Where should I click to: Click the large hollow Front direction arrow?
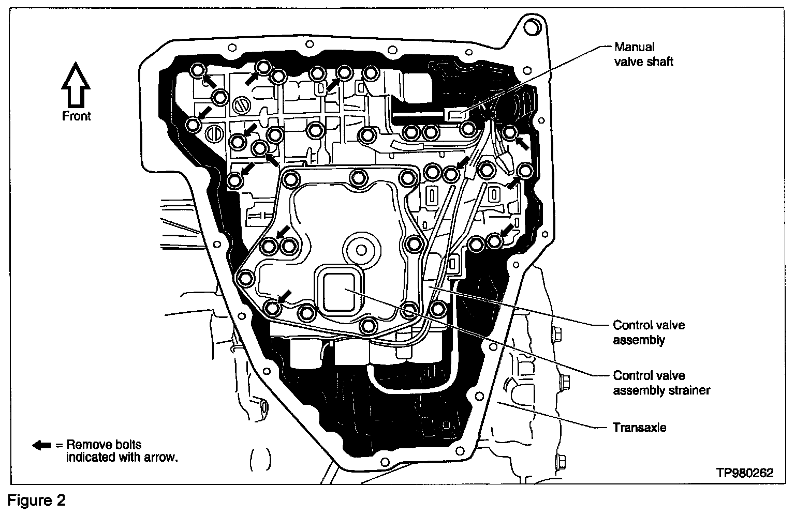coord(76,85)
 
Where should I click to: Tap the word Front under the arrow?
coord(76,116)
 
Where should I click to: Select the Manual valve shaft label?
coord(643,54)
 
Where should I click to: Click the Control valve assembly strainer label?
coord(661,383)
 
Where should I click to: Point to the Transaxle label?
coord(639,428)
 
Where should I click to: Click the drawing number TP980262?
coord(745,473)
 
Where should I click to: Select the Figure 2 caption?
coord(36,501)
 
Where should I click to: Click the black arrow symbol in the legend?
coord(42,445)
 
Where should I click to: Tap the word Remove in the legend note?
coord(89,445)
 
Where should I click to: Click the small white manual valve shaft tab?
coord(454,115)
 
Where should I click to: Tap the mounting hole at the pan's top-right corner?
coord(531,26)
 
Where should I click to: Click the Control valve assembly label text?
coord(649,332)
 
